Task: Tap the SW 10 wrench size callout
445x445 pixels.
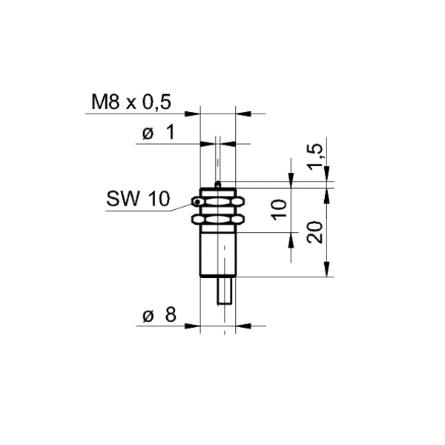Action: point(138,199)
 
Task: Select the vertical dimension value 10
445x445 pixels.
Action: point(278,208)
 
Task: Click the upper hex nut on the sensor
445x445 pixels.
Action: point(218,202)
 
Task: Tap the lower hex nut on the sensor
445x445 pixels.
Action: point(218,220)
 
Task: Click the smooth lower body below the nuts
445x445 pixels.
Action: point(218,254)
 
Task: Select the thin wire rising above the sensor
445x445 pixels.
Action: point(217,159)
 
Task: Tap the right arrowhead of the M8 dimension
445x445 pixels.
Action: point(241,114)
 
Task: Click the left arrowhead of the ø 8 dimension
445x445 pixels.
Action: point(195,325)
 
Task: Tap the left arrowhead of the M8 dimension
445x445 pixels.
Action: point(195,114)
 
